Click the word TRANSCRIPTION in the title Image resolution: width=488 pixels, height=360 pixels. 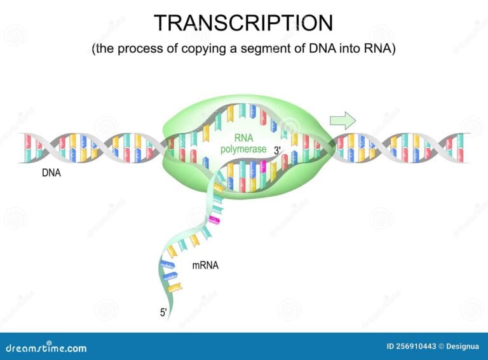coord(243,22)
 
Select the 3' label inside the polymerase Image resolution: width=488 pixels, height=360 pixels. coord(278,150)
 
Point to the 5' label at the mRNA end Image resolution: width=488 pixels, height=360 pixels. coord(163,312)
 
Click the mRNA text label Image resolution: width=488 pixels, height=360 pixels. coord(205,266)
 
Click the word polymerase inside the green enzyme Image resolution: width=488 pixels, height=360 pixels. coord(243,150)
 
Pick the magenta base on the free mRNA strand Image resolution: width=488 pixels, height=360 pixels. coord(215,219)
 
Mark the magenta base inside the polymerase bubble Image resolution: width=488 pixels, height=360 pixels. coord(262,166)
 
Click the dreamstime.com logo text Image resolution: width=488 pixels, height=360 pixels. coord(44,348)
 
